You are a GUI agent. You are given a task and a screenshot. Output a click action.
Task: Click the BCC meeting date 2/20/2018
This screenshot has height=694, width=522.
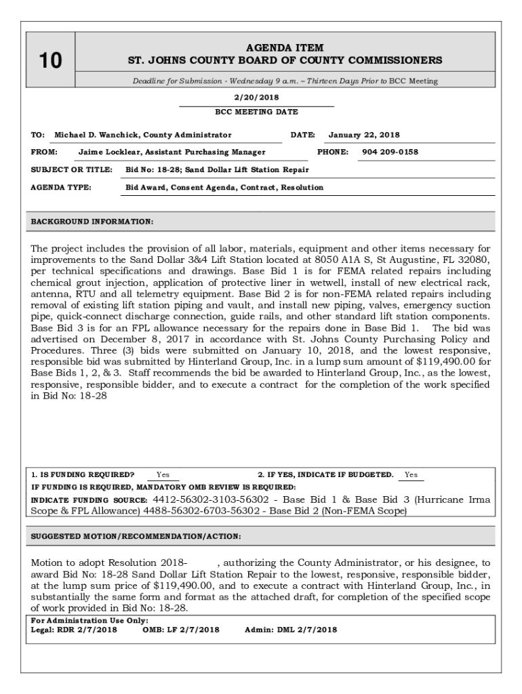(x=256, y=97)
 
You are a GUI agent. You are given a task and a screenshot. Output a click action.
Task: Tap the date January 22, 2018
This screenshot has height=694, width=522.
(x=364, y=135)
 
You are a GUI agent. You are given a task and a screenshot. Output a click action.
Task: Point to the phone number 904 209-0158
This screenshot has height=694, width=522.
(x=390, y=152)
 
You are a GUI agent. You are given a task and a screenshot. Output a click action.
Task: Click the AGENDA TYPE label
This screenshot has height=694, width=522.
(x=61, y=187)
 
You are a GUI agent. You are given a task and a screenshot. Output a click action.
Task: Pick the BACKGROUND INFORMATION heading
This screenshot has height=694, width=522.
(x=92, y=222)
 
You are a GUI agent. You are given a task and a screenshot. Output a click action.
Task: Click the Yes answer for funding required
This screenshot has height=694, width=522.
(x=163, y=474)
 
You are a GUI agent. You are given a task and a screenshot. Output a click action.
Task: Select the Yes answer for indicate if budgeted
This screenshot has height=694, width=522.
(x=411, y=474)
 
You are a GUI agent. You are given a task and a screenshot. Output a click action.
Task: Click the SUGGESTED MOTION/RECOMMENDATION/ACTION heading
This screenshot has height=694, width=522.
(x=136, y=536)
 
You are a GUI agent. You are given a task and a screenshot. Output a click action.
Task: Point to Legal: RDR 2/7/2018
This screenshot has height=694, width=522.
(x=74, y=630)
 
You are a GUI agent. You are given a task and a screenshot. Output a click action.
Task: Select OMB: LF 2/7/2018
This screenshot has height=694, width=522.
(x=181, y=630)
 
